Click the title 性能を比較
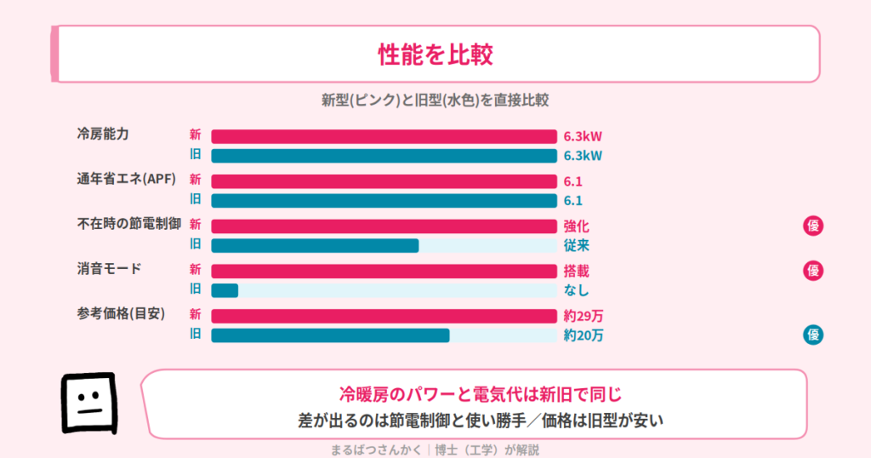coord(435,54)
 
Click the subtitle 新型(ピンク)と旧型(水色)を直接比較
coord(435,100)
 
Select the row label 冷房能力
coord(103,134)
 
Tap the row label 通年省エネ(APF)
coord(126,179)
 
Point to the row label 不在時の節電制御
coord(129,224)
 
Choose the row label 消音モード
coord(109,269)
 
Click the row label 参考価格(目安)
coord(121,314)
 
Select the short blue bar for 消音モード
coord(225,290)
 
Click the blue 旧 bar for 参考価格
coord(330,335)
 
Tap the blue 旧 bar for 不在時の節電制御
coord(315,245)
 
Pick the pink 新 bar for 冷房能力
coord(384,136)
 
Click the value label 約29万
coord(584,317)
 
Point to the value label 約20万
coord(584,335)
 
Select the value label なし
coord(576,290)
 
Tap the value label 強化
coord(576,226)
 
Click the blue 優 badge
coord(813,335)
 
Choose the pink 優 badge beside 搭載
coord(813,271)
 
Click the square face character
coord(89,403)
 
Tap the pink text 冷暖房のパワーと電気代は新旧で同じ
coord(481,395)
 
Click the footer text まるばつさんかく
coord(376,449)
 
